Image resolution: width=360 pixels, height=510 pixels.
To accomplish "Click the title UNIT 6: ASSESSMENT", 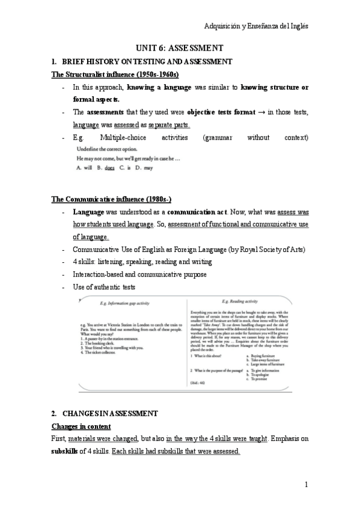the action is coord(180,48).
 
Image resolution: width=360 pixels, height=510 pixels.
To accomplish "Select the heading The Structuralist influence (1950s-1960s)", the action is coord(115,75).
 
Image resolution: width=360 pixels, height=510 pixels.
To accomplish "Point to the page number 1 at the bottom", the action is coord(306,484).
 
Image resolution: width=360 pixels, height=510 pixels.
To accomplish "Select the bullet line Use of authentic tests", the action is coord(104,287).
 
